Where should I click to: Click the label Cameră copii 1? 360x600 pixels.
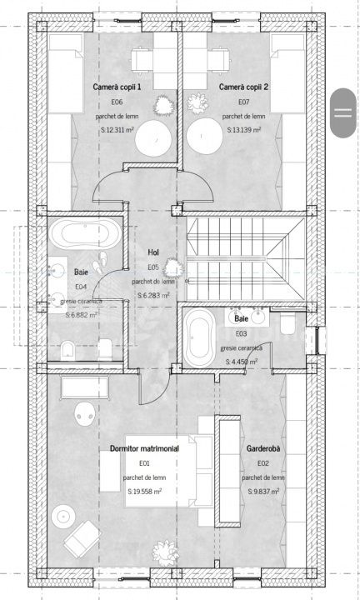[117, 87]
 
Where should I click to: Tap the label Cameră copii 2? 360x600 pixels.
[243, 87]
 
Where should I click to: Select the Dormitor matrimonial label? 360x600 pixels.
[144, 448]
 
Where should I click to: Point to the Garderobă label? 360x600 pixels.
[262, 448]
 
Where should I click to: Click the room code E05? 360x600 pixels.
[153, 267]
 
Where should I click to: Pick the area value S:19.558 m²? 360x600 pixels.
[145, 492]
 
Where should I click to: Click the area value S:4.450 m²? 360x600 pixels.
[242, 361]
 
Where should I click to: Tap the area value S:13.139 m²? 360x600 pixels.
[244, 130]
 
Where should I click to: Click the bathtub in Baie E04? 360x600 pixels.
[84, 233]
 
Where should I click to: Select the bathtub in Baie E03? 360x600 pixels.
[198, 337]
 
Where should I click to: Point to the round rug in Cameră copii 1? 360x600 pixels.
[153, 137]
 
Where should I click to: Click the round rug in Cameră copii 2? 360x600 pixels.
[204, 137]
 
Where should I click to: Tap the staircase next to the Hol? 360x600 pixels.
[245, 258]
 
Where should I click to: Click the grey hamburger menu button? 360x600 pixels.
[343, 112]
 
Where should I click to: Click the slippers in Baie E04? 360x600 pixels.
[100, 262]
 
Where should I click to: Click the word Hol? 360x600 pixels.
[153, 252]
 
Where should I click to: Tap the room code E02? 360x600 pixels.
[263, 463]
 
